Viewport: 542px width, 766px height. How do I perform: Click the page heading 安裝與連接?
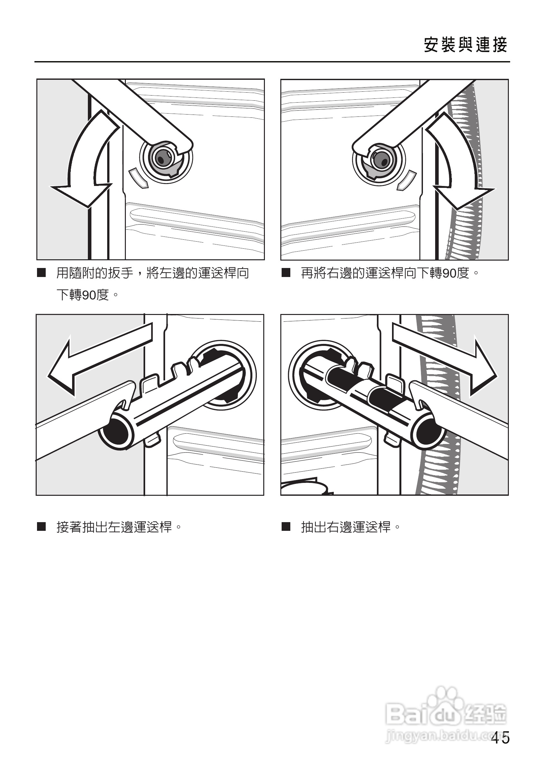pos(465,45)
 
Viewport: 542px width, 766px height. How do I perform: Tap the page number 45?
pos(500,738)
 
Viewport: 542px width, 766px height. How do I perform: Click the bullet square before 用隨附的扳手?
pos(42,273)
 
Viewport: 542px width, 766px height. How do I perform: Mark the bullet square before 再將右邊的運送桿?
pos(286,273)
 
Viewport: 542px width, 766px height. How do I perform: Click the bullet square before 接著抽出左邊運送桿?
pos(42,527)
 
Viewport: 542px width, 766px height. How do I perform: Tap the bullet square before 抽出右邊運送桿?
pos(286,527)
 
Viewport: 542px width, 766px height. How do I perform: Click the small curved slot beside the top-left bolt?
pos(138,178)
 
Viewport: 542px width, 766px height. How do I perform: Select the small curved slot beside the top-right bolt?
pos(406,180)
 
